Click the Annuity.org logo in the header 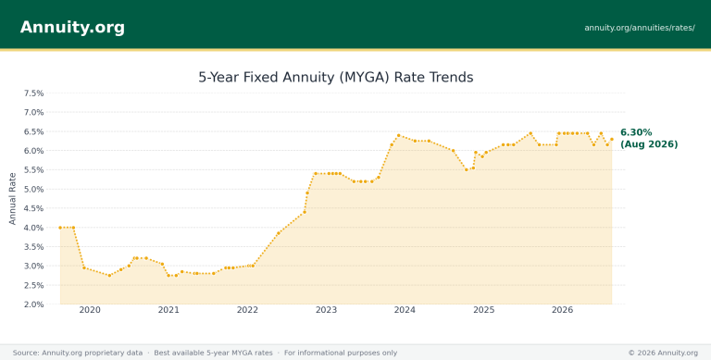[72, 27]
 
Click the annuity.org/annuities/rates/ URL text [640, 28]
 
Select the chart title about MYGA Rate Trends [335, 77]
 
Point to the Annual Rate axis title [12, 199]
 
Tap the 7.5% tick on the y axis [33, 93]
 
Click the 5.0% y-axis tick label [33, 189]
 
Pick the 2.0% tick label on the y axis [33, 304]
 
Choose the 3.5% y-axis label [33, 247]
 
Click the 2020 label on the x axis [90, 310]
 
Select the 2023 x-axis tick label [326, 310]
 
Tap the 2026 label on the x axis [562, 310]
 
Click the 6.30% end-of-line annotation [636, 132]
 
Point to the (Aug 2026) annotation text [649, 144]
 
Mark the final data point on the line [612, 139]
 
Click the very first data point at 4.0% [60, 228]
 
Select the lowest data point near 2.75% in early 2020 [109, 275]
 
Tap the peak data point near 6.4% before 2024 [399, 135]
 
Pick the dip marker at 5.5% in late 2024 [467, 169]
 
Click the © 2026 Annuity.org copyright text [663, 353]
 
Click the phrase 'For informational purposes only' [341, 353]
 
